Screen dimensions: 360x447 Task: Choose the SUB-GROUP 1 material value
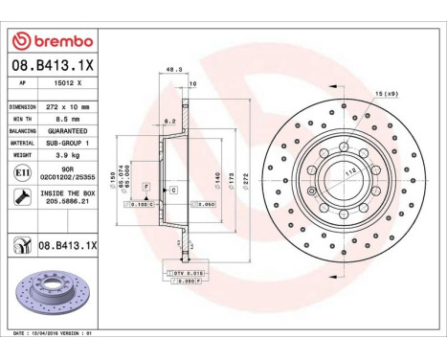point(67,141)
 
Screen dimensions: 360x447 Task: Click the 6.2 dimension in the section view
point(169,122)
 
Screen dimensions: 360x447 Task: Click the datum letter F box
point(146,184)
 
